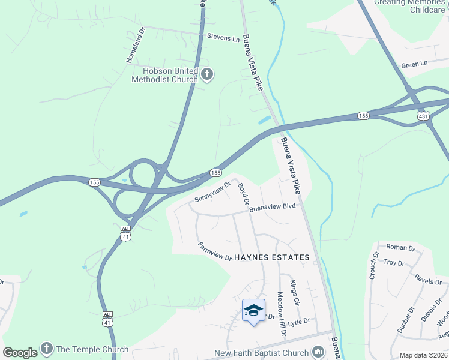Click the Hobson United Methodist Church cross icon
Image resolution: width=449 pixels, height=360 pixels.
[207, 75]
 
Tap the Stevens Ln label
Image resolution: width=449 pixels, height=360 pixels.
[223, 37]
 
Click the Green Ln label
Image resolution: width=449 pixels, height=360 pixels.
[414, 64]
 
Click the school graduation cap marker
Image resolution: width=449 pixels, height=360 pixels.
[253, 310]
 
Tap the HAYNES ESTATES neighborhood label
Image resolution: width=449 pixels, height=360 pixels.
[272, 257]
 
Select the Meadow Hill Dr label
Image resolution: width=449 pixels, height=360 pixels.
[280, 314]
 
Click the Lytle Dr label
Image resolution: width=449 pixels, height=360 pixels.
[298, 322]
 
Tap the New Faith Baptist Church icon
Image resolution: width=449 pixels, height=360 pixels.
[318, 353]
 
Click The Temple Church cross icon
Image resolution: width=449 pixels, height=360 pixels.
[47, 349]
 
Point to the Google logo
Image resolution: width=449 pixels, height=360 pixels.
[20, 353]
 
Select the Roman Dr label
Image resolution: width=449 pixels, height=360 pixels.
[400, 247]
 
